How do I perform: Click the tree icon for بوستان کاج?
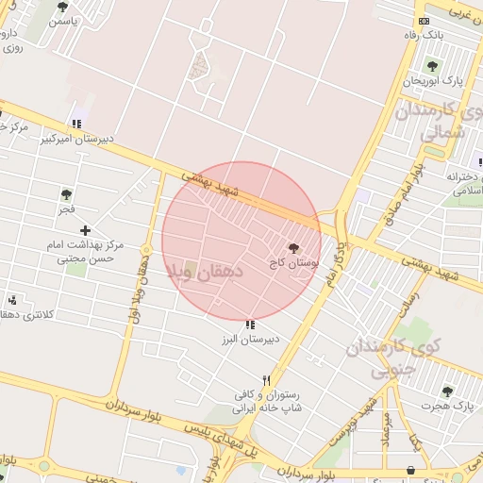click(296, 247)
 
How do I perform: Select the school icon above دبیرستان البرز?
click(249, 325)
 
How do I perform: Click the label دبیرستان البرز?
click(249, 339)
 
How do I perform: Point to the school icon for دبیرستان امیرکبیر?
click(75, 124)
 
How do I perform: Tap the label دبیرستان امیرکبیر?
click(76, 138)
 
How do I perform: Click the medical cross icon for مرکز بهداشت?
click(86, 230)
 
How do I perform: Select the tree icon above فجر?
click(66, 194)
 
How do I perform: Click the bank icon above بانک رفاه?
click(424, 21)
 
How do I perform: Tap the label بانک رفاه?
click(422, 35)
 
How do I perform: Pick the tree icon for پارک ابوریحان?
click(432, 67)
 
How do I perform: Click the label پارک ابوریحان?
click(432, 81)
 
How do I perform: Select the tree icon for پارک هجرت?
click(447, 391)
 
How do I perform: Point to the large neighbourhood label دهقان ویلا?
click(205, 271)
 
